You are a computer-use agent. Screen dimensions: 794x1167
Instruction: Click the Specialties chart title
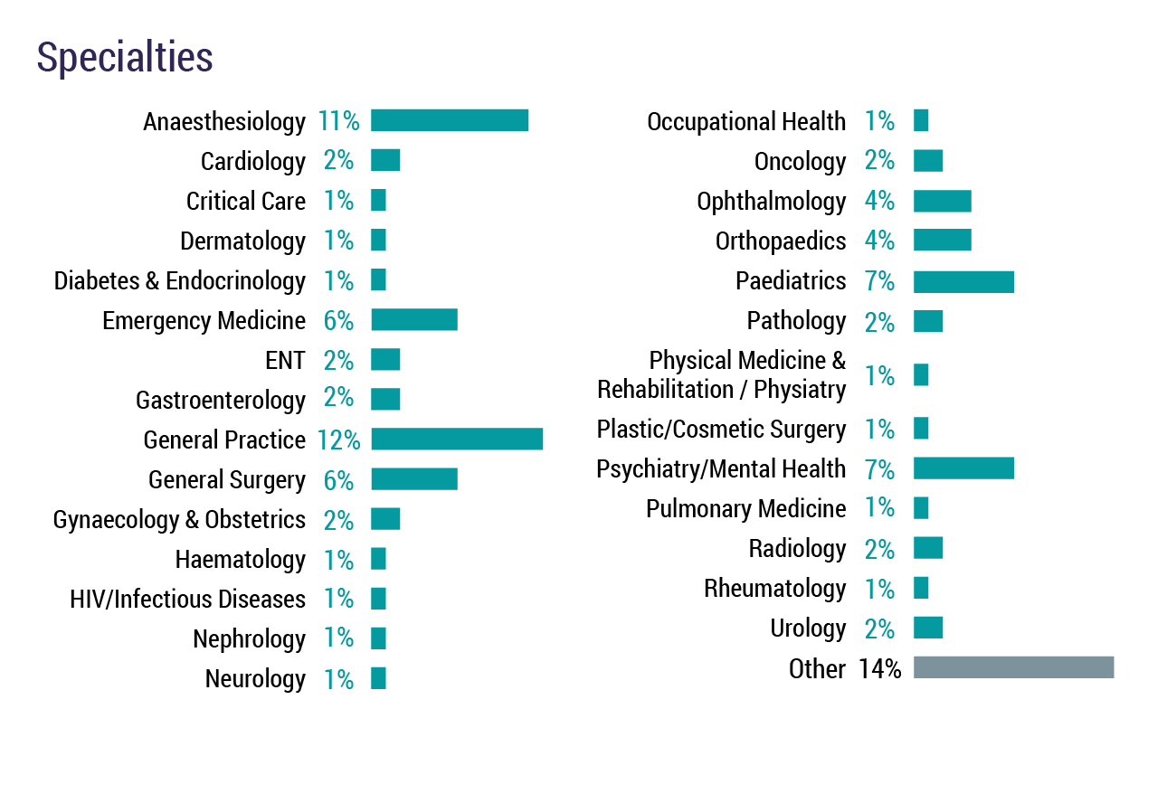125,58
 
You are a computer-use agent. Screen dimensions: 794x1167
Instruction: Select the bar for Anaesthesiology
450,120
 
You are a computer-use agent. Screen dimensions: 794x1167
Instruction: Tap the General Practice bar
457,439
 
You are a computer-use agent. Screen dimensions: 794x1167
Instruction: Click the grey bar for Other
1013,667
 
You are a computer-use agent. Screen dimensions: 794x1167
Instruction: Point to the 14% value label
880,669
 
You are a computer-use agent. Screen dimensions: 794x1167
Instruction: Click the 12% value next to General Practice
338,440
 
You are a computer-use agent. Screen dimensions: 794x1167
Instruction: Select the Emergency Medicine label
204,320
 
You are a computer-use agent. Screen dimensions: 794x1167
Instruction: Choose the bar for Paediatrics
963,281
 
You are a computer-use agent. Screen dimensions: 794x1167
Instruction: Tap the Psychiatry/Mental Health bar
963,468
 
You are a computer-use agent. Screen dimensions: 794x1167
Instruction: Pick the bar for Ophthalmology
942,201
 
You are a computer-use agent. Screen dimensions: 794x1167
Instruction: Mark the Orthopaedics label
781,241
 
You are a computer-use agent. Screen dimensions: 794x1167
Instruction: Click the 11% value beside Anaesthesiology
338,121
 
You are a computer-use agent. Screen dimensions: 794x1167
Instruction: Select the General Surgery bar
414,478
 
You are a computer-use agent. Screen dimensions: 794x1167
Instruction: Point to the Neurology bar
378,678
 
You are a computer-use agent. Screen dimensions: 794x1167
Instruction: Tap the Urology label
808,628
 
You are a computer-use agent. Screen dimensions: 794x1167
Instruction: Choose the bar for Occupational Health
921,120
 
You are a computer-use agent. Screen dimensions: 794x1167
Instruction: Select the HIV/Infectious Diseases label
187,599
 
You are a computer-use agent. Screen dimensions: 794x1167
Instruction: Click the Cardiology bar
385,160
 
